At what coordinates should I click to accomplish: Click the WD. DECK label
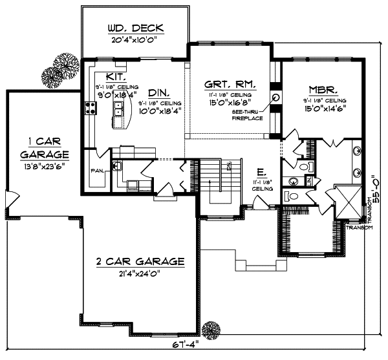[135, 29]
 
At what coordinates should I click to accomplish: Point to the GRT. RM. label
[230, 85]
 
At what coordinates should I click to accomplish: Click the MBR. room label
[324, 90]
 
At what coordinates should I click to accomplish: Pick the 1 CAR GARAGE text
[44, 148]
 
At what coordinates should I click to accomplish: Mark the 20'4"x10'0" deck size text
[135, 40]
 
